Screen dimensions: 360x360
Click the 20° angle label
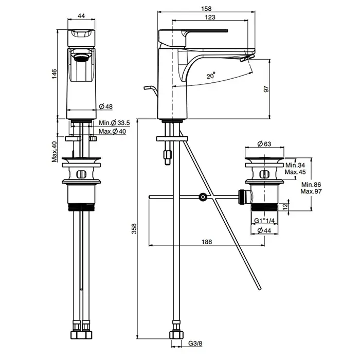coord(211,76)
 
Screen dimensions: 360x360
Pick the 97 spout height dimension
coord(266,89)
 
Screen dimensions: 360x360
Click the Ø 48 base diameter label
coord(105,107)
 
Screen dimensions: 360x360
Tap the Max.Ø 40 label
coord(113,131)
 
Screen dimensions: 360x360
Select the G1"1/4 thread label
coord(266,221)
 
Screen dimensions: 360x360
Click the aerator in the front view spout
coord(81,56)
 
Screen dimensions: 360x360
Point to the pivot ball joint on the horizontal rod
coord(204,196)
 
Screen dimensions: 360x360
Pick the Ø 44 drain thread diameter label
coord(266,231)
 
